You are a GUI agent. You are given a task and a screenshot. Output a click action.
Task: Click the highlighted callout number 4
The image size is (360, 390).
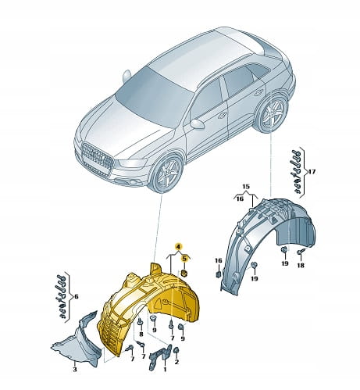[178, 246]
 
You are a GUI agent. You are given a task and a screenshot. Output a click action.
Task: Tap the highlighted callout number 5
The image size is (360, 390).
[184, 259]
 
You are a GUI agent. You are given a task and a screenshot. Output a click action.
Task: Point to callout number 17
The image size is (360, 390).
[312, 172]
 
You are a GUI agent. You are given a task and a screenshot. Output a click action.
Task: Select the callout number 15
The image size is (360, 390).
[246, 186]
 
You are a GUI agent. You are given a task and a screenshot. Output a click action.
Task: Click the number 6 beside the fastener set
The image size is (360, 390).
[76, 296]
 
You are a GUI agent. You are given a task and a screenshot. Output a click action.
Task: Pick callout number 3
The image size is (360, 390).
[75, 369]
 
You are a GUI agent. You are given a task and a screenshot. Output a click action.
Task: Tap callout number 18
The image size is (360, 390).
[301, 265]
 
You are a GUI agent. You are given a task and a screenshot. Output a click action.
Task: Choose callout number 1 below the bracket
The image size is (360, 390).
[165, 369]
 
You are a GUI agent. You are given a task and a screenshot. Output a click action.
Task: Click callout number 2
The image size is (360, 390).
[176, 362]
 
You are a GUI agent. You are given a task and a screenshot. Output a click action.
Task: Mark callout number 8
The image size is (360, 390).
[141, 334]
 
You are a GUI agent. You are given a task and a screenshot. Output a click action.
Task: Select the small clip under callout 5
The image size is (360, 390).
[184, 274]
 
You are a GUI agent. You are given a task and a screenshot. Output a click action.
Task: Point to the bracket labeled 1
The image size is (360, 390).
[159, 356]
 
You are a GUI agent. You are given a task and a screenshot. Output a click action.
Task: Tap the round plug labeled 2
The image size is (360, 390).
[176, 350]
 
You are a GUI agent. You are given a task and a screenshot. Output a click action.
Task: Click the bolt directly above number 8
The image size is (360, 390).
[140, 322]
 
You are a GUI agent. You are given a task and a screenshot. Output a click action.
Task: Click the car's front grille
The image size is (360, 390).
[97, 157]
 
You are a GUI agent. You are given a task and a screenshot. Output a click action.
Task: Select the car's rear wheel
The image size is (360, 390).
[272, 113]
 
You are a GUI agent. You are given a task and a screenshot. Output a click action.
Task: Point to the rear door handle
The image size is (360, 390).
[258, 92]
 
